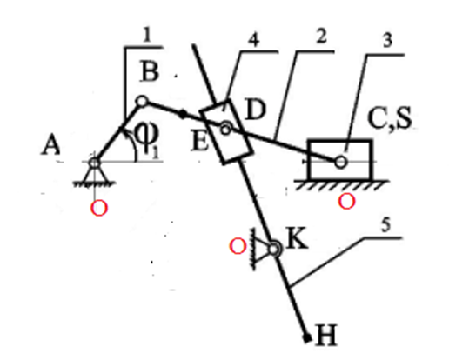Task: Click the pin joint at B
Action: click(x=142, y=102)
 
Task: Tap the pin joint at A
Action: click(x=94, y=163)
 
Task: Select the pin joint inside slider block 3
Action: click(x=340, y=162)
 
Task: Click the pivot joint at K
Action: click(x=274, y=249)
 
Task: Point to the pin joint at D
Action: click(x=225, y=130)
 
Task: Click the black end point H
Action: click(x=307, y=337)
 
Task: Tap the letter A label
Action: click(x=50, y=145)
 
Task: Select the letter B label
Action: click(x=150, y=71)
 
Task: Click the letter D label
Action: click(x=255, y=110)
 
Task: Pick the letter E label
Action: click(x=200, y=142)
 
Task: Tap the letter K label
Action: click(x=297, y=239)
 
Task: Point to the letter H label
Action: click(x=326, y=336)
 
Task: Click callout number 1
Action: click(x=147, y=36)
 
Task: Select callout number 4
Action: click(x=253, y=40)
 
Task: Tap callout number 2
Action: click(x=321, y=37)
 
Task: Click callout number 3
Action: click(x=387, y=40)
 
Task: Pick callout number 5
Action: click(x=385, y=225)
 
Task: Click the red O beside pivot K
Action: click(x=238, y=247)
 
